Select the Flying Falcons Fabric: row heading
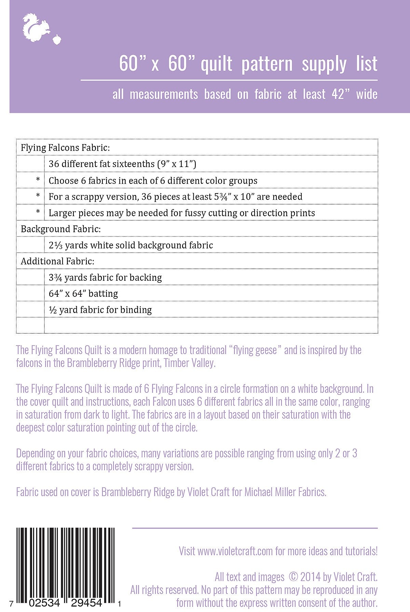click(x=65, y=148)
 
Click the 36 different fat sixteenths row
click(x=122, y=164)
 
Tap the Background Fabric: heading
click(x=61, y=229)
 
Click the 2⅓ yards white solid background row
click(x=131, y=245)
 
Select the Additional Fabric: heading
click(x=57, y=261)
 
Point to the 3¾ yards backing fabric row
click(x=105, y=277)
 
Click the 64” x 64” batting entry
click(x=83, y=293)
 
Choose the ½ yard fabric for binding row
click(x=100, y=310)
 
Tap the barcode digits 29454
click(x=86, y=603)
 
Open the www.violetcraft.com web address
click(x=235, y=551)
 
